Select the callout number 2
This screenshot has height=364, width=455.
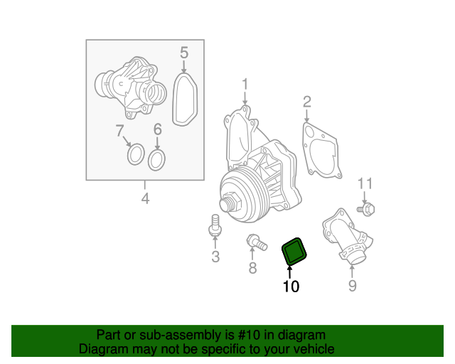pyautogui.click(x=306, y=101)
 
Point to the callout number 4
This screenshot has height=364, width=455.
pyautogui.click(x=145, y=198)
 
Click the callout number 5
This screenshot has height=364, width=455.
pyautogui.click(x=183, y=53)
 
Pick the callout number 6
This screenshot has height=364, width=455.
pyautogui.click(x=158, y=129)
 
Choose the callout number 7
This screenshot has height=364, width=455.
pyautogui.click(x=119, y=130)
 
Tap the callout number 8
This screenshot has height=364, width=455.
pyautogui.click(x=252, y=268)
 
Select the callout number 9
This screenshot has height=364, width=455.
pyautogui.click(x=352, y=286)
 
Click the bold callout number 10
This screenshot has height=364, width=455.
pyautogui.click(x=291, y=287)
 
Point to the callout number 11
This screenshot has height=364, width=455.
pyautogui.click(x=364, y=184)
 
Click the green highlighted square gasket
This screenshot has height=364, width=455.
pyautogui.click(x=294, y=251)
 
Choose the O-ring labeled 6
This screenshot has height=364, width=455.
pyautogui.click(x=157, y=159)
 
